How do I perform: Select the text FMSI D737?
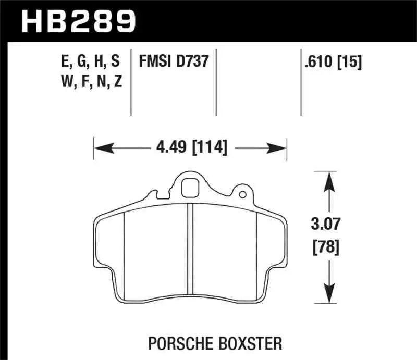coord(174,61)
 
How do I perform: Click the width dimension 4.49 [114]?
coord(190,148)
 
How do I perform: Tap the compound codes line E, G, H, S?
coord(90,61)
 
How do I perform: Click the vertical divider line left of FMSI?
coord(130,83)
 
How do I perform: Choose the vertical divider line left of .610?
coord(301,83)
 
